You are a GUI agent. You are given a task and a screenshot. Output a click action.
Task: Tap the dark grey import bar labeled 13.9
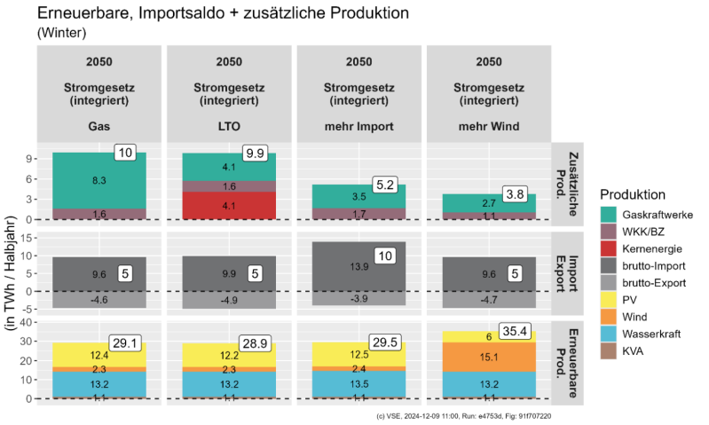pyautogui.click(x=358, y=266)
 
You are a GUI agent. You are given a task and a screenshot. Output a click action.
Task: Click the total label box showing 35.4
pyautogui.click(x=516, y=332)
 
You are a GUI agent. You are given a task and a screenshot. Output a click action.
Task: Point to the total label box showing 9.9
pyautogui.click(x=256, y=153)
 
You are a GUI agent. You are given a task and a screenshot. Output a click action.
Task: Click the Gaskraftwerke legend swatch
pyautogui.click(x=611, y=215)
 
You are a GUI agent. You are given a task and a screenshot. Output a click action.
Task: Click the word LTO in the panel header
pyautogui.click(x=229, y=126)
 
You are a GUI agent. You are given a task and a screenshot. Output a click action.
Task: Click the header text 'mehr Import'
pyautogui.click(x=358, y=126)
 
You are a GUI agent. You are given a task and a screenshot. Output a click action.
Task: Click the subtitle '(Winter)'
pyautogui.click(x=61, y=33)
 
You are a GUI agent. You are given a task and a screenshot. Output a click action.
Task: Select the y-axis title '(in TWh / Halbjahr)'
pyautogui.click(x=12, y=275)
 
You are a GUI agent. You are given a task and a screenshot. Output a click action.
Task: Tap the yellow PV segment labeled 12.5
pyautogui.click(x=358, y=355)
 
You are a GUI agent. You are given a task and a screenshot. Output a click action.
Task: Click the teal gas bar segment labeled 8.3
pyautogui.click(x=99, y=180)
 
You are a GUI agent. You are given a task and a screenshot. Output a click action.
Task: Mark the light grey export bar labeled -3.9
pyautogui.click(x=358, y=299)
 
